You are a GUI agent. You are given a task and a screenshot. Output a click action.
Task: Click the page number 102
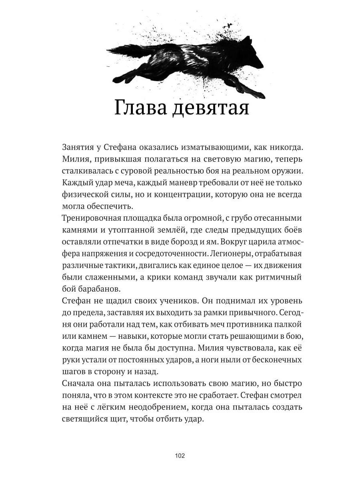(x=180, y=456)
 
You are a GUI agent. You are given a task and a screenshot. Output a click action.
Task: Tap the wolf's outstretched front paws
(x=256, y=93)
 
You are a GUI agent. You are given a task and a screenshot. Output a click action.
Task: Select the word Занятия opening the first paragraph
(x=80, y=146)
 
